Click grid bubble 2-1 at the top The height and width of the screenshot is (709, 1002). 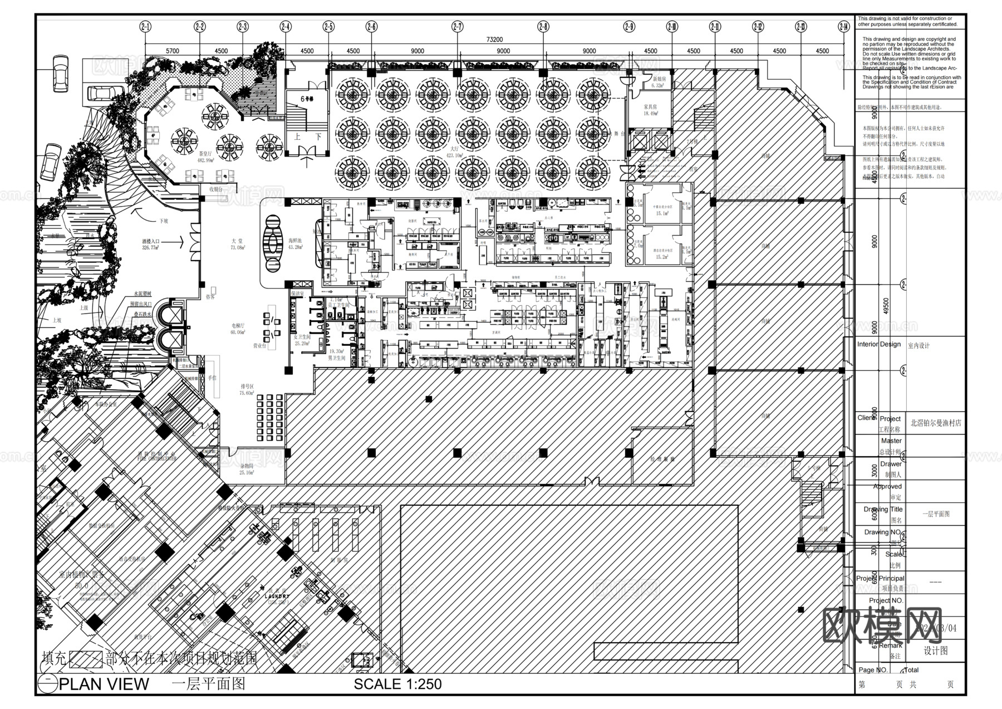click(x=146, y=26)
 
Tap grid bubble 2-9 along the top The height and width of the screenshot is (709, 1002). click(x=629, y=26)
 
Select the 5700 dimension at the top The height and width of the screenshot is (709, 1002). click(x=173, y=51)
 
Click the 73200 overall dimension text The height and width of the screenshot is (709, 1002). click(x=494, y=40)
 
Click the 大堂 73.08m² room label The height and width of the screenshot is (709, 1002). click(x=238, y=244)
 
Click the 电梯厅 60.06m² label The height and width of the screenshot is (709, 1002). click(x=238, y=328)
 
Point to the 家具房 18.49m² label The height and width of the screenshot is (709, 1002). click(x=650, y=109)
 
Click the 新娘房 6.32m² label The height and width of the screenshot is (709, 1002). click(x=659, y=82)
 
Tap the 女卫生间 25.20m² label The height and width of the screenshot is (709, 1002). click(x=302, y=340)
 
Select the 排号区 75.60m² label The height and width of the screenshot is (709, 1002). click(x=247, y=389)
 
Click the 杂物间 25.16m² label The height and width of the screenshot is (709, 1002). click(x=247, y=468)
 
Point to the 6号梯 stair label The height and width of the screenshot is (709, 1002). click(x=307, y=99)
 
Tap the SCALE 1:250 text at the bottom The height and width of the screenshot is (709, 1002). click(x=397, y=684)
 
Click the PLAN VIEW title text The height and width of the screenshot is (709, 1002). click(x=104, y=684)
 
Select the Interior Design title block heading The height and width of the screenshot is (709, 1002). click(x=878, y=344)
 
